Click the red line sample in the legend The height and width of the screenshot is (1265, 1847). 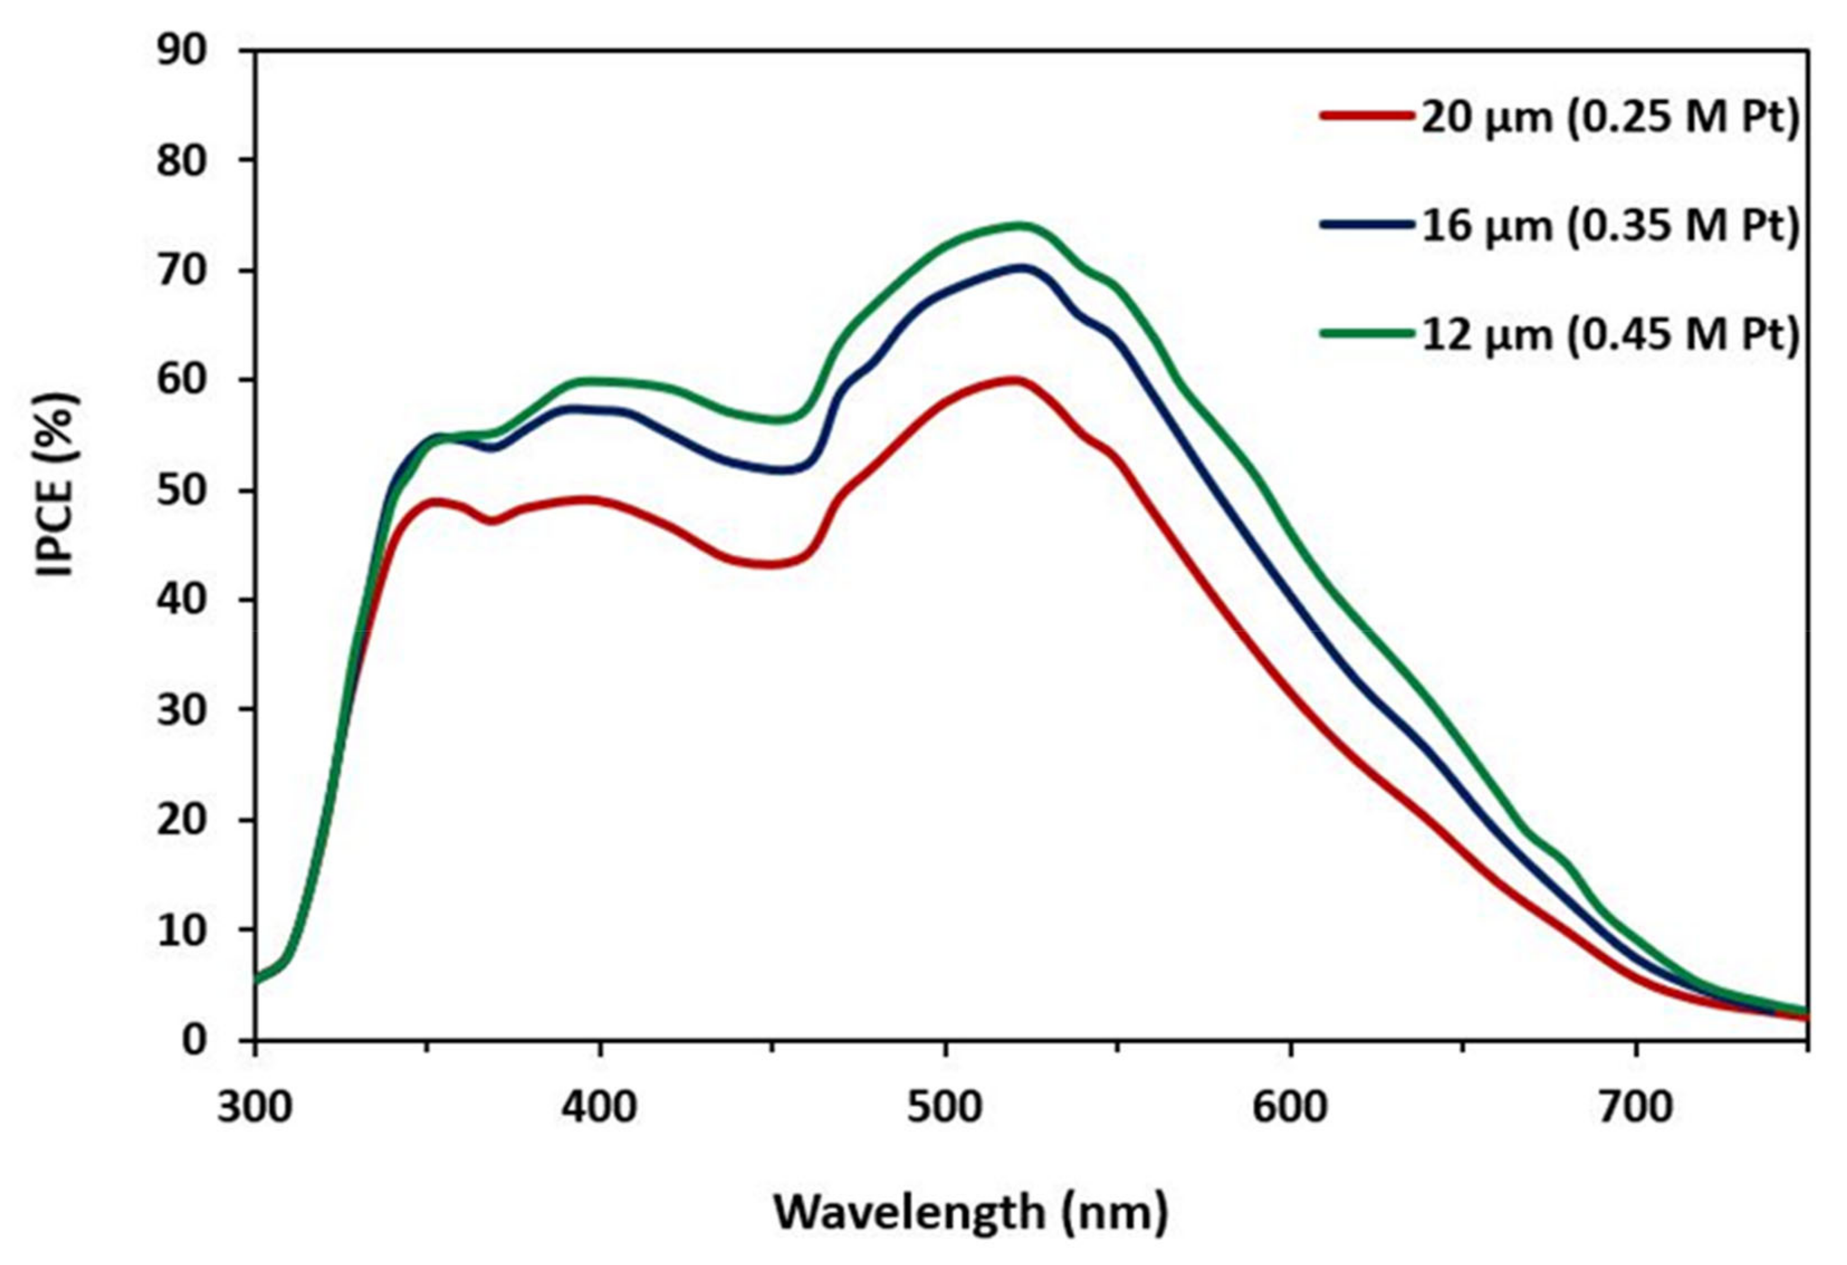pos(1367,115)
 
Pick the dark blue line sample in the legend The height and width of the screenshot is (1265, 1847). pos(1367,225)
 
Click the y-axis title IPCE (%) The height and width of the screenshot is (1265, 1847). pos(57,484)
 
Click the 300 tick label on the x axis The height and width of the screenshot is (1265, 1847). pos(255,1106)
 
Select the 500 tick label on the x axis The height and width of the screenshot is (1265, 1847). pos(945,1106)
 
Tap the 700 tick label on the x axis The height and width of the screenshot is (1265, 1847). pos(1636,1106)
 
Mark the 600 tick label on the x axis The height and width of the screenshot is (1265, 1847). pos(1291,1106)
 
